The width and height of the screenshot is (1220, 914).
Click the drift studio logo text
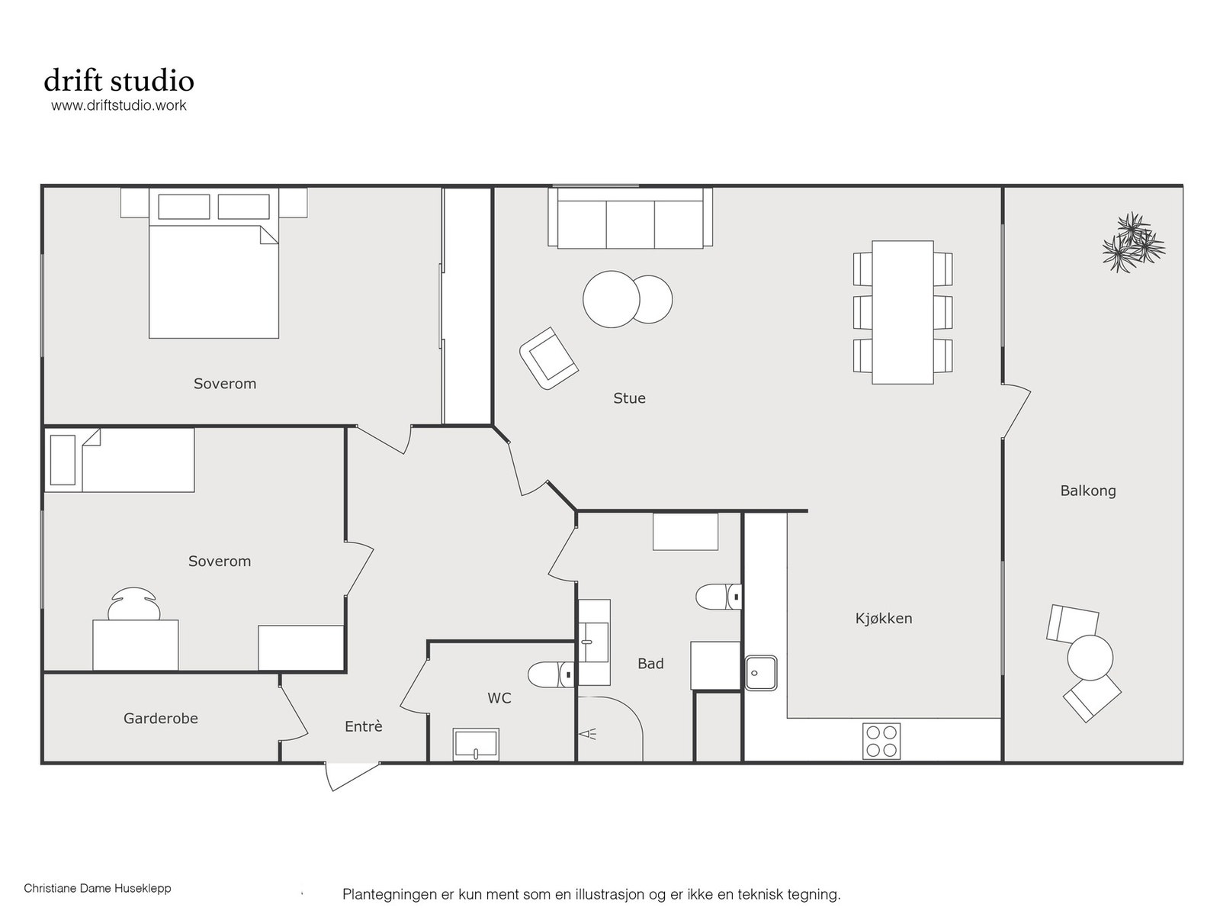pos(119,80)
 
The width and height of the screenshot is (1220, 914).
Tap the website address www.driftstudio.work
pos(119,105)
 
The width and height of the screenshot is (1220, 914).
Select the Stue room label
pos(629,398)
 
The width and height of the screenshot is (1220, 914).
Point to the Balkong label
pos(1088,491)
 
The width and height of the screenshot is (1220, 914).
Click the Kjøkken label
pos(884,618)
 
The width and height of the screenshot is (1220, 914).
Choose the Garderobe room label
pos(161,718)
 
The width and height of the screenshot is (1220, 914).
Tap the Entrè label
pos(364,726)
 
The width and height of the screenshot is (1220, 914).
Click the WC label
pos(499,698)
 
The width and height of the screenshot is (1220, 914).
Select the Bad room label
pos(650,663)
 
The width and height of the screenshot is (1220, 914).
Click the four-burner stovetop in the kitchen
pos(881,741)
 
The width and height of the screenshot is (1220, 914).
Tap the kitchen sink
pos(761,673)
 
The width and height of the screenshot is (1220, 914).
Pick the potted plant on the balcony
pos(1133,242)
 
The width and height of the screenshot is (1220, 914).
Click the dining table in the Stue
pos(903,313)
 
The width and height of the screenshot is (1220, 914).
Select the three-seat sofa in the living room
pos(631,217)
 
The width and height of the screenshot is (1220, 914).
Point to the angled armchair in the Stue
pos(548,358)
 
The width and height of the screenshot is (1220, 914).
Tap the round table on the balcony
pos(1090,657)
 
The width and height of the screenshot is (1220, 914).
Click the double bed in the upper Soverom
pos(214,263)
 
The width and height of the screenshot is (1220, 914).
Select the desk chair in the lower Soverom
pos(134,603)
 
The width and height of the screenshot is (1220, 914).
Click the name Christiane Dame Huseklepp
pos(98,888)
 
